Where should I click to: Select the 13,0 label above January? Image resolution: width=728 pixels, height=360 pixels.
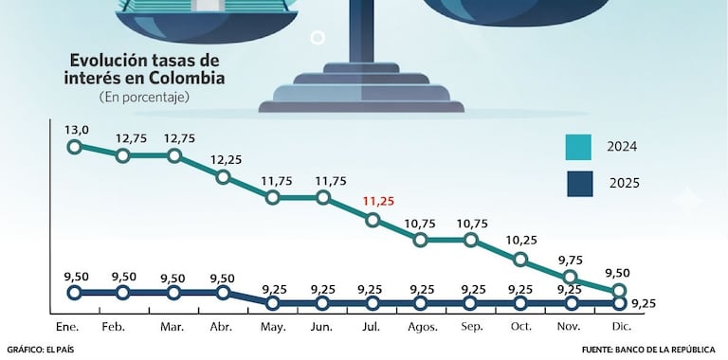tap(77, 130)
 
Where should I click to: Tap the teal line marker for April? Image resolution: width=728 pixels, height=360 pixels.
tap(223, 176)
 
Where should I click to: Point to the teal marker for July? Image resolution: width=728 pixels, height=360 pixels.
tap(373, 220)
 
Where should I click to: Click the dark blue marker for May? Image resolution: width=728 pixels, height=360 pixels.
tap(273, 303)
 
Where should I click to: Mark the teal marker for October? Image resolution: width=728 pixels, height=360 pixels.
tap(519, 260)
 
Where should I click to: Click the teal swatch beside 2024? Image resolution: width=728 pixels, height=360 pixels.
tap(577, 148)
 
